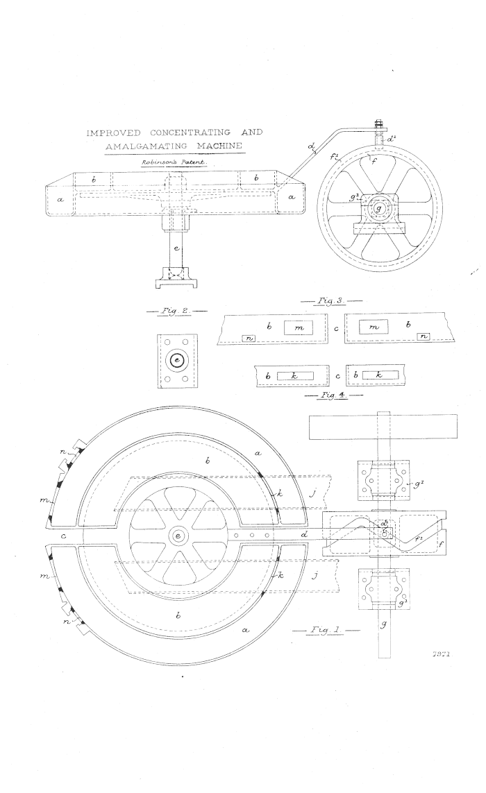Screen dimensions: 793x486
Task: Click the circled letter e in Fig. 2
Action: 174,361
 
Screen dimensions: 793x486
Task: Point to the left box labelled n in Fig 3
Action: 250,337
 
